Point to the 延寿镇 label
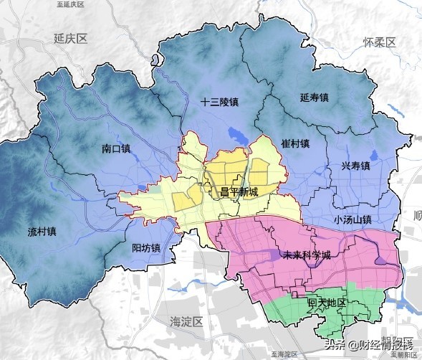point(313,98)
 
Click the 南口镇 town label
point(115,149)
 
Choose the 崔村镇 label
point(294,143)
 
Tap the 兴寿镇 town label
point(355,166)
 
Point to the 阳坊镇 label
point(146,248)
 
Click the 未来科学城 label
point(307,255)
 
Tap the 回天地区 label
point(327,303)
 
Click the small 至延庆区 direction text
point(69,4)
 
